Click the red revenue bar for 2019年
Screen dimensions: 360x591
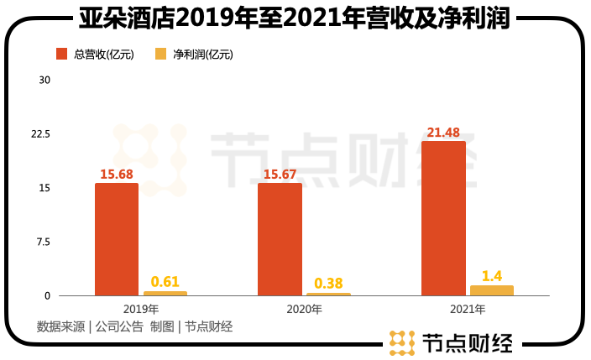(117, 239)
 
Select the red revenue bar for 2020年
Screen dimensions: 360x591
(280, 239)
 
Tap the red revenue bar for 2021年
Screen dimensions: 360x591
(443, 218)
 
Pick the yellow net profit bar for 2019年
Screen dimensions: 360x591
(165, 293)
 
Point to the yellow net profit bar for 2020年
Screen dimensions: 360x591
(328, 294)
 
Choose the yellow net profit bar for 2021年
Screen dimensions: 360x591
(492, 290)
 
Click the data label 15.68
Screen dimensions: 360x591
(117, 175)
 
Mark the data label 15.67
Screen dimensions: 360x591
(280, 175)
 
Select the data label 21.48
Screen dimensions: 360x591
(443, 133)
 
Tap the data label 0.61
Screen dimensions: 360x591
(165, 282)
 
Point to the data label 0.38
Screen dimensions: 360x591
(328, 284)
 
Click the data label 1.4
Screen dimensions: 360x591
(492, 276)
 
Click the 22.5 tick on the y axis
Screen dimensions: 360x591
(41, 134)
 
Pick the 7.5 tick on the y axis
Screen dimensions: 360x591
(44, 242)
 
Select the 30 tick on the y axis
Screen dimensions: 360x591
(45, 81)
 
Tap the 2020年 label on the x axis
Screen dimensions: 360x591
(304, 309)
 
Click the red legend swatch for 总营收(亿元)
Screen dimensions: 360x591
(61, 55)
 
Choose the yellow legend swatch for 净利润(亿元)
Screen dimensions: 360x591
(161, 55)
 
